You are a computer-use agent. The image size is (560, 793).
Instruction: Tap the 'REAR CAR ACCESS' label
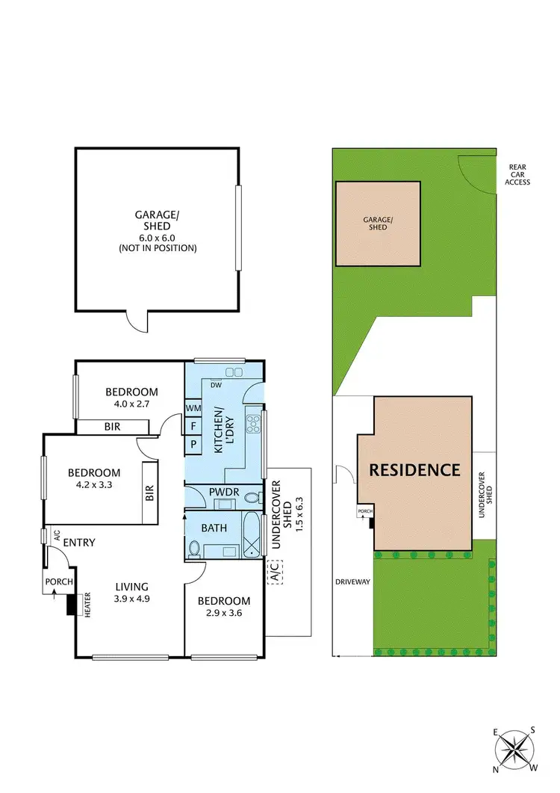click(517, 175)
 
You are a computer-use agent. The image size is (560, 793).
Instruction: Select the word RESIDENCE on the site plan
click(423, 470)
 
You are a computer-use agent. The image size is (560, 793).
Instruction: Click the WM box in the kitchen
click(193, 408)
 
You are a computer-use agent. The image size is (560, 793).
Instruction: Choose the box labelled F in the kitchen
click(193, 425)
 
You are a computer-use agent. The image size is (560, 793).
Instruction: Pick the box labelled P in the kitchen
click(193, 443)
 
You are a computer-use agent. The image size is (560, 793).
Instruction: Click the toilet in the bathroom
click(194, 549)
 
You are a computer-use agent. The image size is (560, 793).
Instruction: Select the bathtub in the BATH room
click(252, 535)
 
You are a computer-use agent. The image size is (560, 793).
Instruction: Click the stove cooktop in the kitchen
click(253, 422)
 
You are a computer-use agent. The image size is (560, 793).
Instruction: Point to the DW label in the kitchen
click(217, 386)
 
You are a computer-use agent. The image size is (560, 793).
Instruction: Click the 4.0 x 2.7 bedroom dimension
click(131, 404)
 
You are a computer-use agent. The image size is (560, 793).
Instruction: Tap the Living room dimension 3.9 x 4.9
click(131, 598)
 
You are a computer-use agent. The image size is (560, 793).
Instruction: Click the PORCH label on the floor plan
click(58, 582)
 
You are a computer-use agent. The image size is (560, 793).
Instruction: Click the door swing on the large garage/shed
click(137, 321)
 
